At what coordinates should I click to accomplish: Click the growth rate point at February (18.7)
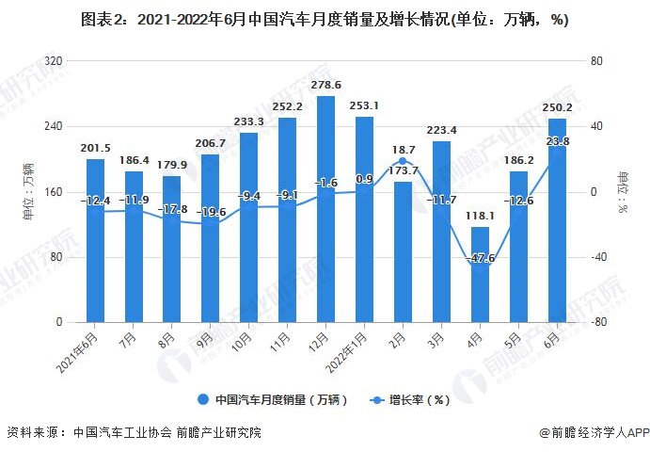pyautogui.click(x=403, y=161)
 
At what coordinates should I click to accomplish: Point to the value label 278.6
pyautogui.click(x=326, y=86)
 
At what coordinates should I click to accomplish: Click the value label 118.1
pyautogui.click(x=480, y=216)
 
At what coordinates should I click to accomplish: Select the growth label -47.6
pyautogui.click(x=480, y=257)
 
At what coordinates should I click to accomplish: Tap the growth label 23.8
pyautogui.click(x=558, y=142)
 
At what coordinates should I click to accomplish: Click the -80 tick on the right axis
pyautogui.click(x=596, y=323)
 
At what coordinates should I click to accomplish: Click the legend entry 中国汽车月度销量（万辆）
pyautogui.click(x=274, y=399)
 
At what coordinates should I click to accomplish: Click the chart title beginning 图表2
pyautogui.click(x=325, y=19)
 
